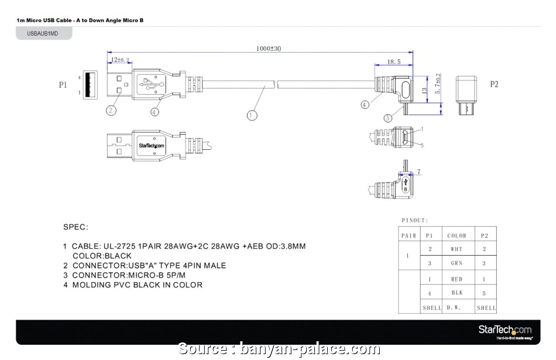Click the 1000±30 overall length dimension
[269, 49]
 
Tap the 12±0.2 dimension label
[119, 60]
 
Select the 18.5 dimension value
[394, 61]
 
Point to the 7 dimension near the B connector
[419, 172]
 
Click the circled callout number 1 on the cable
[252, 115]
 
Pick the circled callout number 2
[111, 110]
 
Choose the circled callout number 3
[387, 118]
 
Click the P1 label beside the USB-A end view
[63, 85]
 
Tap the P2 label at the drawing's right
[494, 84]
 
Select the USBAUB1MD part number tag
[43, 34]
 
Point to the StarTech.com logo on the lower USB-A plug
[152, 145]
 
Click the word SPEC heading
[75, 227]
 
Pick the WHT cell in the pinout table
[457, 249]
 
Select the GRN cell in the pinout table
[457, 263]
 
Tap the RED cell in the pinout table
[457, 279]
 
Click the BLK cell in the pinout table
[457, 293]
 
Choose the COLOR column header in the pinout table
[457, 235]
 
